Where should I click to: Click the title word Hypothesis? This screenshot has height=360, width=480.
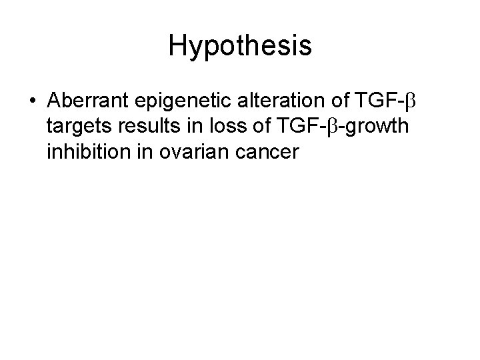239,46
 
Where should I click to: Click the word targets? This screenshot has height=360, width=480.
77,127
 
